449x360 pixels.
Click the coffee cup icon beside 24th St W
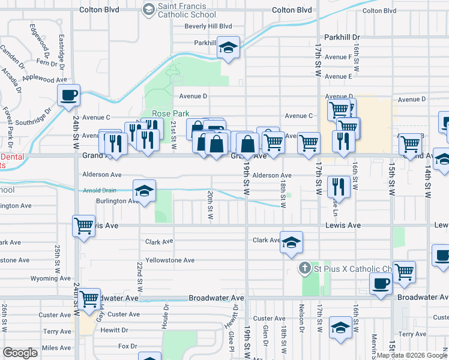click(69, 95)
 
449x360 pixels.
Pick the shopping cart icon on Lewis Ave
click(84, 226)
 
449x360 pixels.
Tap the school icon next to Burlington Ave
click(144, 191)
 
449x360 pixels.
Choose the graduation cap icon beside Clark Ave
click(291, 242)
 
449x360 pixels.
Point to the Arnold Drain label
click(98, 191)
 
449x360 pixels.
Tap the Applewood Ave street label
click(44, 79)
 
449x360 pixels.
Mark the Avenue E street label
click(338, 77)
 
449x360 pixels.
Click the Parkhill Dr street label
click(342, 37)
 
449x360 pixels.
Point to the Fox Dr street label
click(128, 346)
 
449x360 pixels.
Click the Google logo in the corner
click(20, 352)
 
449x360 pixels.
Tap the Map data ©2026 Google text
click(411, 355)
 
